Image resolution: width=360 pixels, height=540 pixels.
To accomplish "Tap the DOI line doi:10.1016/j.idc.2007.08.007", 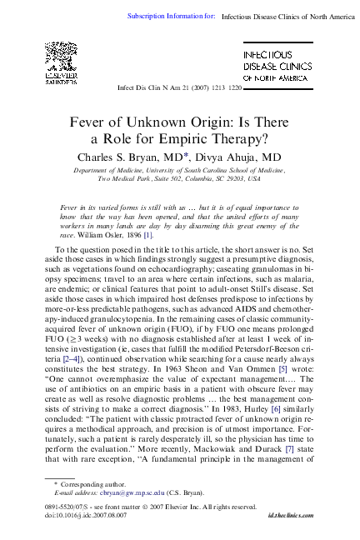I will [86, 517].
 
